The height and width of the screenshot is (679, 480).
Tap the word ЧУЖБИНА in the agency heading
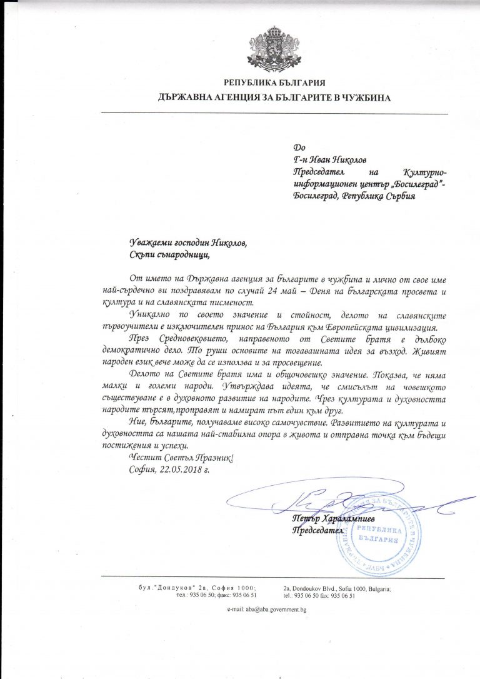click(363, 98)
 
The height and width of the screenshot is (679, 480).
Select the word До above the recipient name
click(298, 148)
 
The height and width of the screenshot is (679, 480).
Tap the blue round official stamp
click(379, 531)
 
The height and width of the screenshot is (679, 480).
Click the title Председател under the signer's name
click(318, 531)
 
